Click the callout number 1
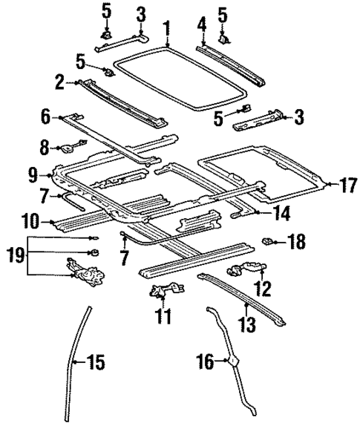click(x=168, y=30)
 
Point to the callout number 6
click(x=45, y=117)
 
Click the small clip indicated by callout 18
click(x=271, y=240)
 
